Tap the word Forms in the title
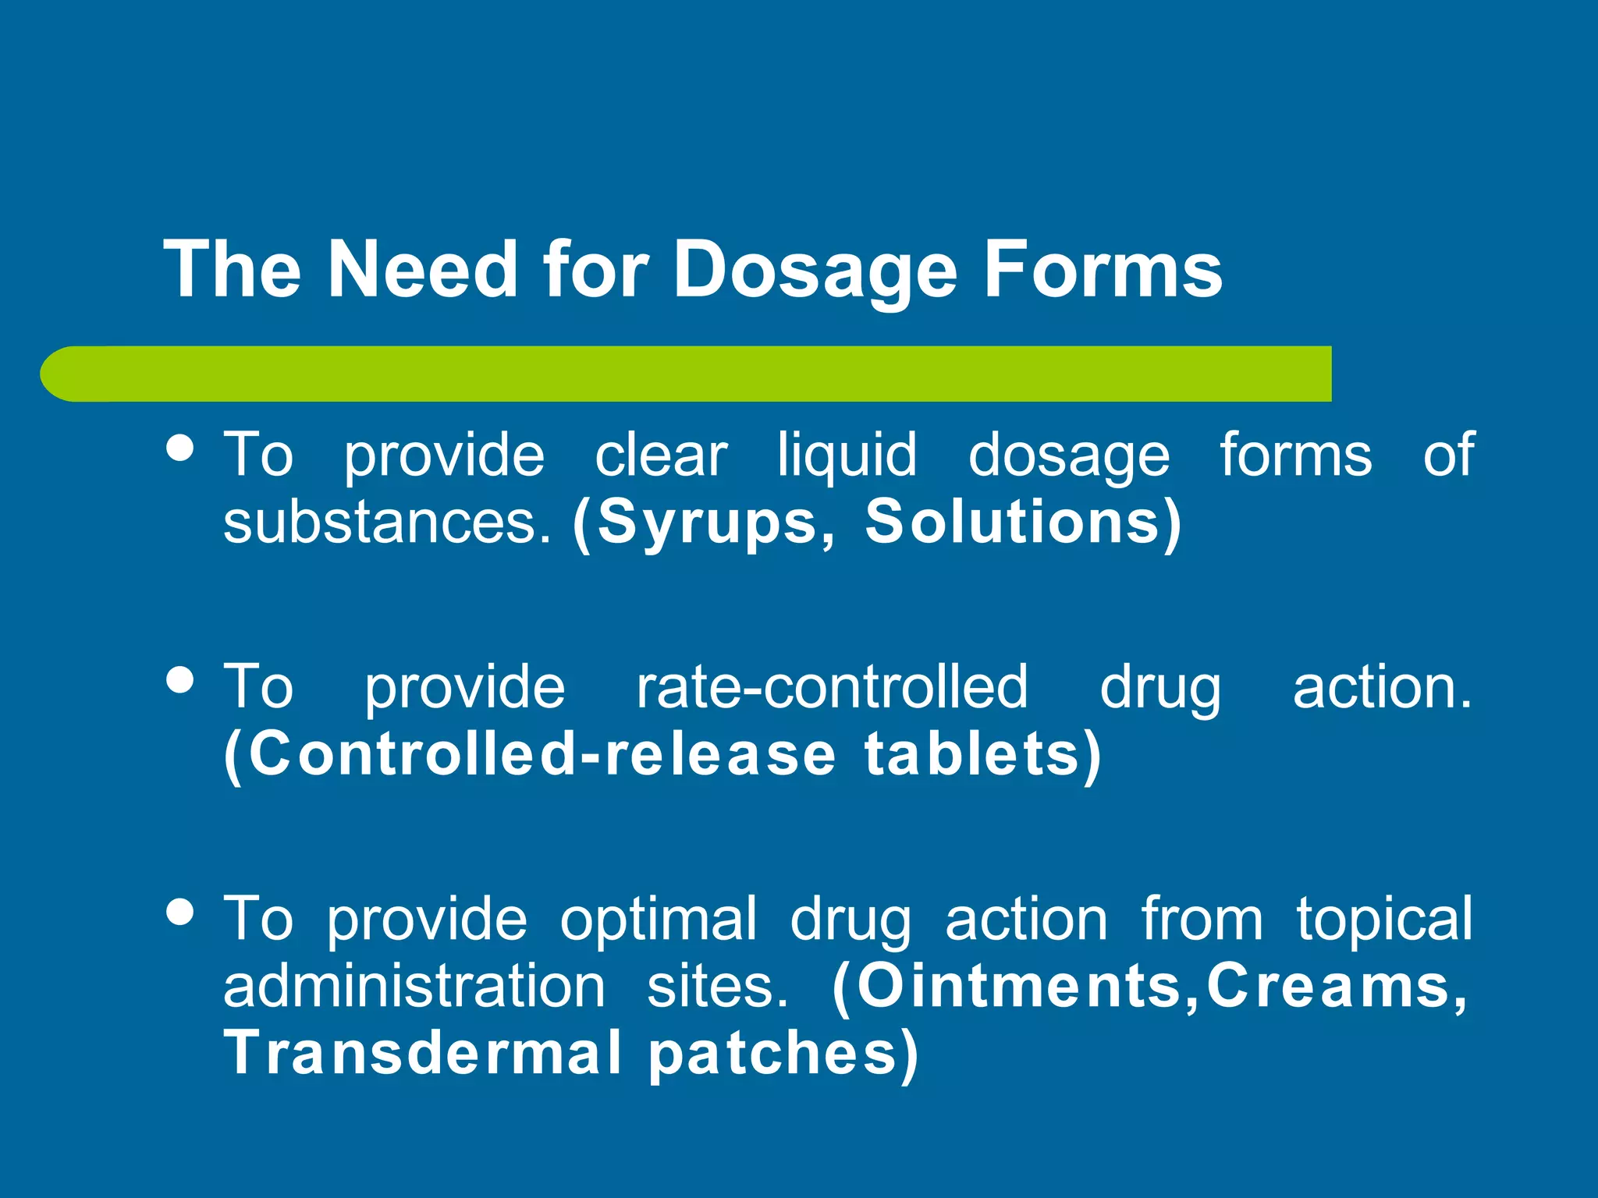[1103, 270]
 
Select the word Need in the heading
[422, 270]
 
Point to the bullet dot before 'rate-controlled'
[181, 679]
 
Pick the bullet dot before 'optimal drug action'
[181, 911]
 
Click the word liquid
[847, 455]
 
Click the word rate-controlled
[832, 687]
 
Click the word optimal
[659, 919]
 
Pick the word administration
[414, 986]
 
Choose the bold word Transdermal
[422, 1053]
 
